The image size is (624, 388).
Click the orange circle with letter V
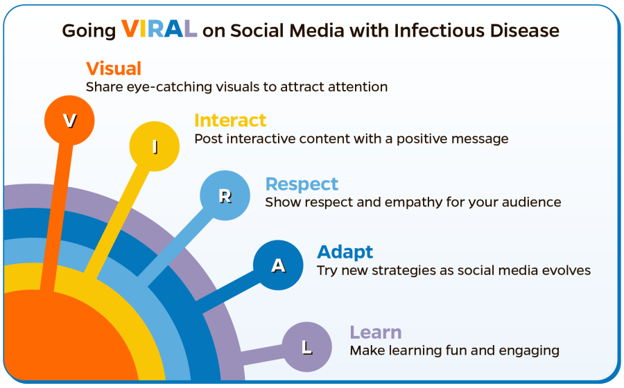click(x=69, y=121)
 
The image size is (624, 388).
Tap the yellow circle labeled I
click(x=155, y=146)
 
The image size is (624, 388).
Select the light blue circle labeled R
click(x=225, y=195)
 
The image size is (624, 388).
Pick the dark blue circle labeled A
click(x=278, y=265)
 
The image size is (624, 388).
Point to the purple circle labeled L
click(x=307, y=347)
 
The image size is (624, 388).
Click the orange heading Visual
click(x=114, y=69)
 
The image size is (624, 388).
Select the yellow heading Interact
click(x=230, y=120)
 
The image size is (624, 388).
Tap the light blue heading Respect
click(x=302, y=184)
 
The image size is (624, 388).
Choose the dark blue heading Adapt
click(x=345, y=252)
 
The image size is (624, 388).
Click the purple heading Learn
click(x=376, y=332)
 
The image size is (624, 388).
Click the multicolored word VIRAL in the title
click(x=159, y=29)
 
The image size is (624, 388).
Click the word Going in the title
click(x=88, y=31)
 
